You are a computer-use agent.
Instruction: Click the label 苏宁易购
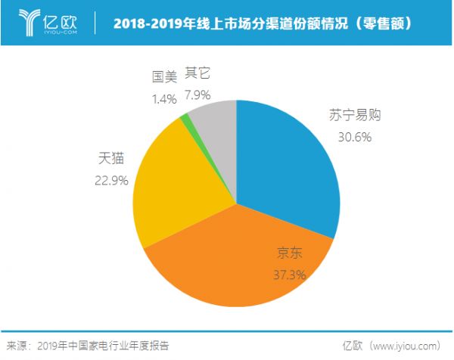(x=353, y=116)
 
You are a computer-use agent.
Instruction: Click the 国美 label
(x=164, y=76)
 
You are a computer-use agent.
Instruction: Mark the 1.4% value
(x=164, y=97)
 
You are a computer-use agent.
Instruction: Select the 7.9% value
(x=198, y=95)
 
